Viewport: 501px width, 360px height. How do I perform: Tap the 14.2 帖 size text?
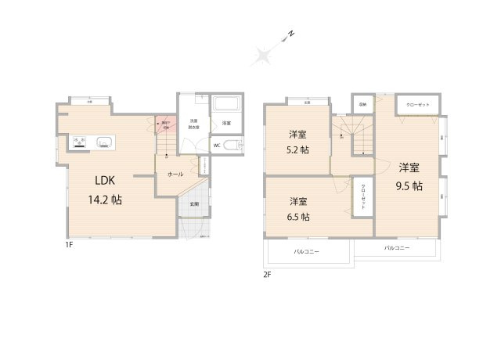click(x=104, y=200)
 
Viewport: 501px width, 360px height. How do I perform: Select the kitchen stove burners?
click(x=79, y=142)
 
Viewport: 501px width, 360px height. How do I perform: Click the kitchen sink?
click(x=104, y=142)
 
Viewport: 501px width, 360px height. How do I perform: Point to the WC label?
click(x=216, y=145)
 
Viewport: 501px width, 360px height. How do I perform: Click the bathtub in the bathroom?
click(x=227, y=104)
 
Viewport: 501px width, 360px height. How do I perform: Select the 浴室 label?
click(x=225, y=123)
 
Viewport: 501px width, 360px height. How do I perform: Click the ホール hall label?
click(x=175, y=175)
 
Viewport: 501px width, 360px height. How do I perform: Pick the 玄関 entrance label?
click(x=193, y=204)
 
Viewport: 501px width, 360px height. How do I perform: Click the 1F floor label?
click(x=69, y=244)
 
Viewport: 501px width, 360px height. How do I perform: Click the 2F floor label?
click(x=267, y=273)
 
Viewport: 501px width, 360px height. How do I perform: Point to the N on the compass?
click(x=290, y=34)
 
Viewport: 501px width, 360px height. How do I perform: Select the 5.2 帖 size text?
click(x=296, y=149)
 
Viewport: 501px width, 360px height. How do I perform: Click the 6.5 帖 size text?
click(x=296, y=217)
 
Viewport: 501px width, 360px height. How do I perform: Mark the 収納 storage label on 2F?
click(x=362, y=104)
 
